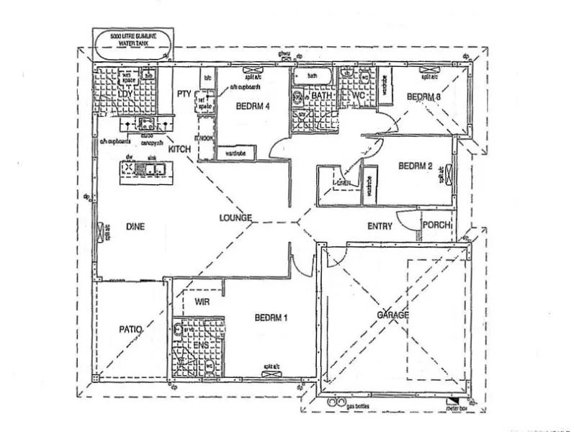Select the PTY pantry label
[183, 93]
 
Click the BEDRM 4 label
[252, 107]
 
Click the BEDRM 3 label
[423, 96]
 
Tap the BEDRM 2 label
[415, 166]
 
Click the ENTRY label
[380, 226]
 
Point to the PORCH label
[435, 226]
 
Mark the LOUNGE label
[236, 217]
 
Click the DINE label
[135, 226]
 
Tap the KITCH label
[179, 148]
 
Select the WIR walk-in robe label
[202, 302]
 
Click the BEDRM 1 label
[272, 317]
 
